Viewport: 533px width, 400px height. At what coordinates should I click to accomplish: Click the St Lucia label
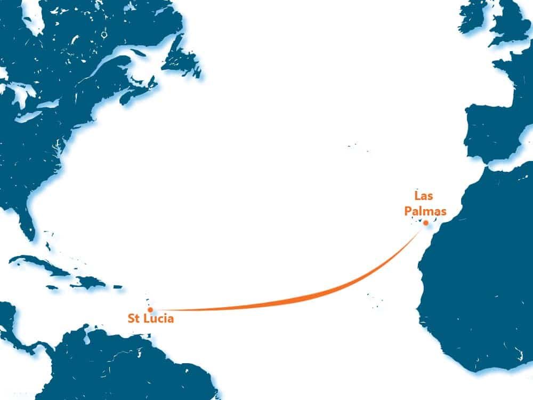(x=150, y=319)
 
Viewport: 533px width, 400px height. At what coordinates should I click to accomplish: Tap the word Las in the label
(x=423, y=196)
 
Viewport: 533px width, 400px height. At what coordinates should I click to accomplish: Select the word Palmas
(x=425, y=212)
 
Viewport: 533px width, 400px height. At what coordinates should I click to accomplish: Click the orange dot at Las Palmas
(x=425, y=223)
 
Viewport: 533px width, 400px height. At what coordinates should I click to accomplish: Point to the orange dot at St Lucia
(x=150, y=309)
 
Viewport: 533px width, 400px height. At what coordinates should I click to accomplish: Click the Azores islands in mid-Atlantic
(x=353, y=146)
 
